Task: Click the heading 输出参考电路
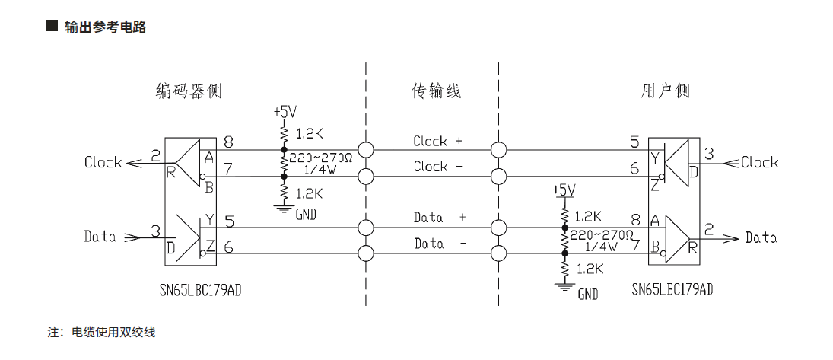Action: click(x=105, y=27)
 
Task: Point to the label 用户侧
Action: click(x=665, y=91)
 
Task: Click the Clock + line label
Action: click(x=437, y=141)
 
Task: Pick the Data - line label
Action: click(x=440, y=244)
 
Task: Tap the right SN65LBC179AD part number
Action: click(x=672, y=289)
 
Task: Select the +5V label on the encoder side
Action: click(x=285, y=112)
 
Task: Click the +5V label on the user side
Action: click(x=564, y=190)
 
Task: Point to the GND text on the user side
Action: click(x=587, y=294)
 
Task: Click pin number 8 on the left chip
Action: click(x=228, y=142)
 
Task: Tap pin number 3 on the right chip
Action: click(x=709, y=154)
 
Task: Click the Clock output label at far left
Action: click(x=103, y=162)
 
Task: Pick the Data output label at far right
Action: click(x=761, y=237)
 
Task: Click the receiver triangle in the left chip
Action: click(x=187, y=161)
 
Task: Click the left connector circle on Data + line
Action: click(x=366, y=227)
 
